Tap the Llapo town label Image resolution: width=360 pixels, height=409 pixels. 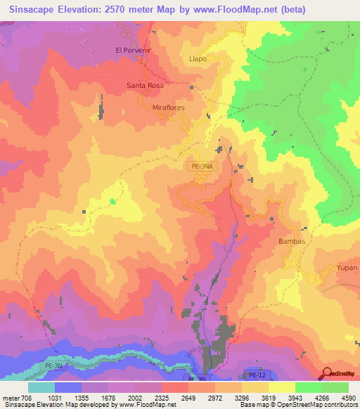pos(198,59)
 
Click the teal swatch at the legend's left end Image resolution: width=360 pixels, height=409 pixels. pos(41,387)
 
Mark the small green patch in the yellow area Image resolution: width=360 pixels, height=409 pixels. pos(112,202)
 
